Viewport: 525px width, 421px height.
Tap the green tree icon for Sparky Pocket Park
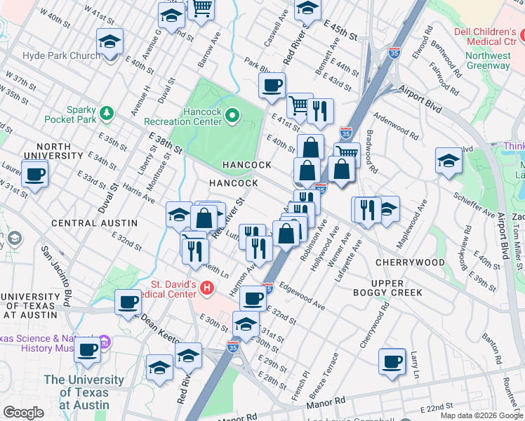point(106,112)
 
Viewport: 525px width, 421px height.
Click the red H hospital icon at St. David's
point(206,287)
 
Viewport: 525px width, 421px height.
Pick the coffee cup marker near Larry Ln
point(392,361)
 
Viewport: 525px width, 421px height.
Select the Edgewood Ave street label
point(302,295)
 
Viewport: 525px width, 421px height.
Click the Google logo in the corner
point(24,413)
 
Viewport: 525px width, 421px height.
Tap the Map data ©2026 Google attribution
point(481,415)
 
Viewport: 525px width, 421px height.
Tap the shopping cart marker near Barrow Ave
point(203,8)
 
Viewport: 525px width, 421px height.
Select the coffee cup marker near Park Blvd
point(272,86)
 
